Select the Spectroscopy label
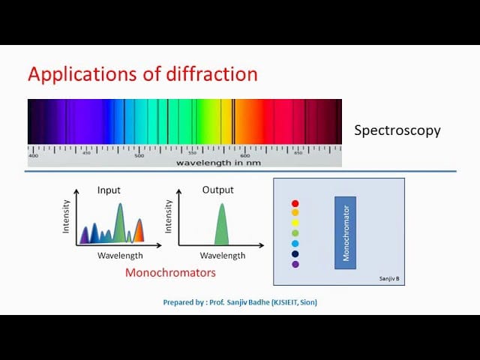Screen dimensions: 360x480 pos(397,130)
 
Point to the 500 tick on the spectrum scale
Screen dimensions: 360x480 pos(139,155)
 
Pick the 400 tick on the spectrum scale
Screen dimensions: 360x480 pos(33,155)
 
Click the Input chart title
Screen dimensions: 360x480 pos(109,190)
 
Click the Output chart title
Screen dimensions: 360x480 pos(218,190)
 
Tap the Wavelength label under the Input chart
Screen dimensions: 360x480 pos(120,256)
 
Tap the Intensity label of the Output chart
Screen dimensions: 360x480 pos(169,215)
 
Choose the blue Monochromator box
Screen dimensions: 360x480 pos(345,232)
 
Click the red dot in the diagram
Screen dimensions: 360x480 pos(295,203)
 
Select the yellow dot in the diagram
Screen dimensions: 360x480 pos(295,223)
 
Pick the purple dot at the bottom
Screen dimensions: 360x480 pos(295,264)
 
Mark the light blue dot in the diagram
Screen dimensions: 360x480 pos(295,244)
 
